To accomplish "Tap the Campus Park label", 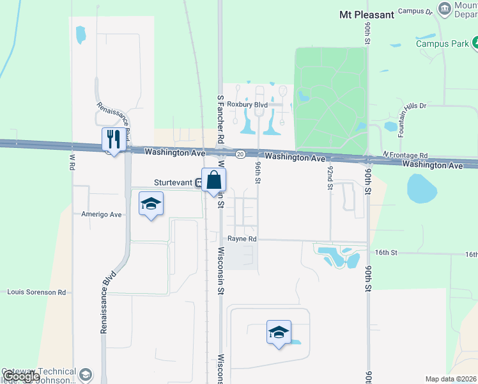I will [442, 44].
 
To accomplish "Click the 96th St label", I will [258, 173].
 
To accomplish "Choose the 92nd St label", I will [330, 177].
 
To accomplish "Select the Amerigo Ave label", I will [102, 214].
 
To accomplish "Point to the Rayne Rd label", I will [243, 239].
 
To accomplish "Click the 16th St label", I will [386, 253].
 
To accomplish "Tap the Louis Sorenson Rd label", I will [36, 292].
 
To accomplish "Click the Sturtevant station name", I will [172, 182].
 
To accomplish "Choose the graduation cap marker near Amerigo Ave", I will [151, 204].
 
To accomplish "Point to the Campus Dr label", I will [415, 11].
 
